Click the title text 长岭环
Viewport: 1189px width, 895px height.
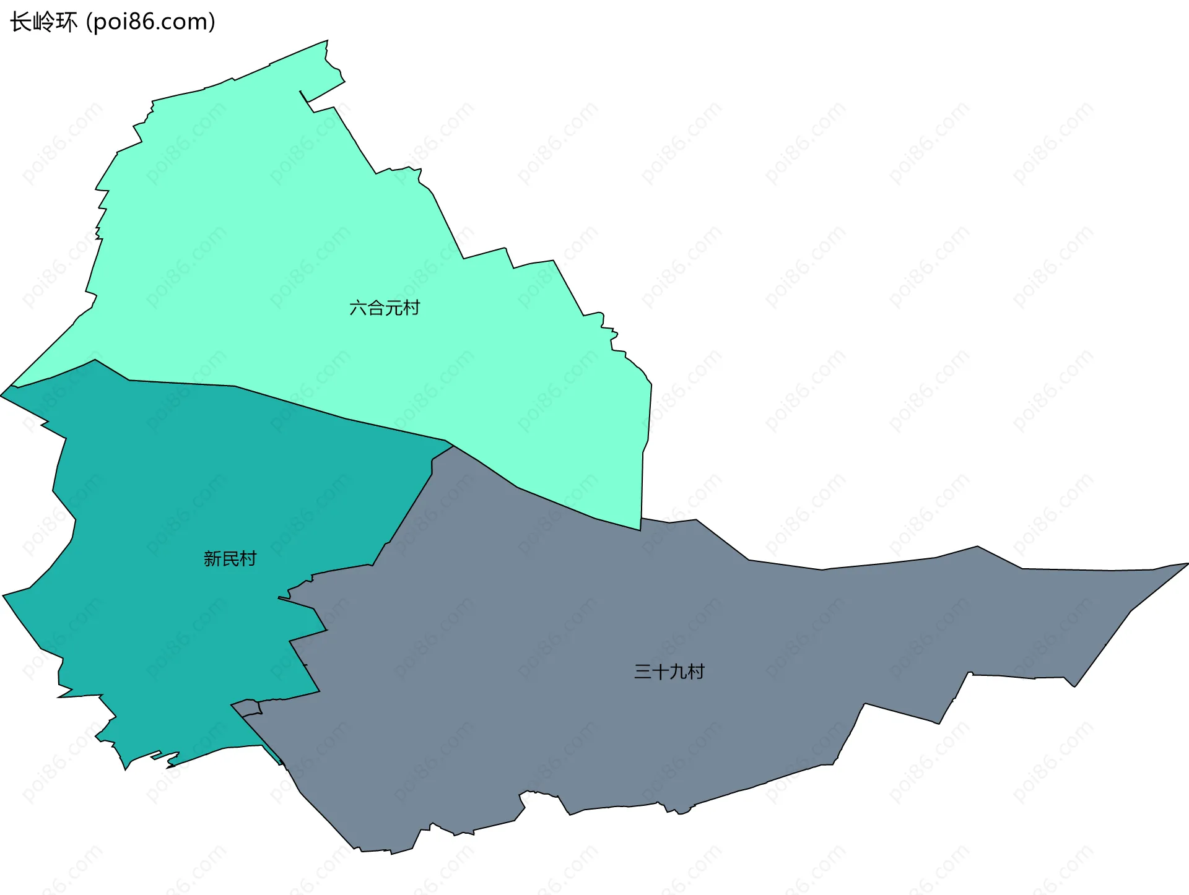click(44, 22)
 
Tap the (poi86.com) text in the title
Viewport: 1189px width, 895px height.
click(150, 22)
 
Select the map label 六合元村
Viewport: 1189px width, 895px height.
click(385, 308)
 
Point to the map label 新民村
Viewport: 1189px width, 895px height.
click(230, 559)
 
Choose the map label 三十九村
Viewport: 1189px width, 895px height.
click(669, 672)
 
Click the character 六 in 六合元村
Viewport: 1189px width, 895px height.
click(358, 308)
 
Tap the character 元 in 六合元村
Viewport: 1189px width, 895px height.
click(393, 308)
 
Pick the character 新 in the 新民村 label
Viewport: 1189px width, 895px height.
click(212, 559)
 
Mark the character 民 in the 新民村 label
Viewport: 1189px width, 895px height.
click(230, 559)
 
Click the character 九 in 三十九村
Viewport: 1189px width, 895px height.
click(678, 672)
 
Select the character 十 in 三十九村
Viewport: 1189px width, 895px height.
click(660, 672)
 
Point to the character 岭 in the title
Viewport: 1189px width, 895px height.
click(44, 22)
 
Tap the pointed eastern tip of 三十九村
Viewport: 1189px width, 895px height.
click(1187, 563)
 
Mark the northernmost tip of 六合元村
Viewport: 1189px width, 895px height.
click(327, 41)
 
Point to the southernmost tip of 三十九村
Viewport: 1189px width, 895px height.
click(391, 854)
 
